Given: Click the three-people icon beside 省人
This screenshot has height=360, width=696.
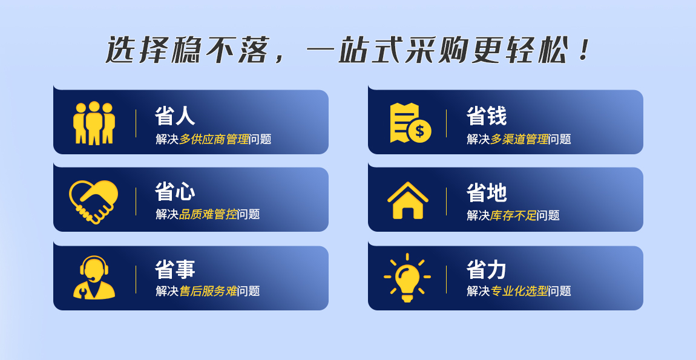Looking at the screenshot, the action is click(x=94, y=123).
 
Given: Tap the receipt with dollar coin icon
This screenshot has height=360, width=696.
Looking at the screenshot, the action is click(x=410, y=123).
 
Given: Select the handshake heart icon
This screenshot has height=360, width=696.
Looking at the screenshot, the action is click(x=94, y=201).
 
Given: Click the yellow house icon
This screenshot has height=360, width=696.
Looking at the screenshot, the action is click(x=407, y=200).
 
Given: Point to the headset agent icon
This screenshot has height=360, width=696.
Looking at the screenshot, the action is click(x=94, y=278).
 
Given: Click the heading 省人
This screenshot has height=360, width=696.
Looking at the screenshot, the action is click(x=175, y=116).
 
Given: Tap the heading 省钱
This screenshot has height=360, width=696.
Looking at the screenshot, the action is click(x=487, y=116).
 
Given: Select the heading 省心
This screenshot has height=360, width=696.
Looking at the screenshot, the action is click(x=175, y=192).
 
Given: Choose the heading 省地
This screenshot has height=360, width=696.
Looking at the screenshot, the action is click(x=487, y=192).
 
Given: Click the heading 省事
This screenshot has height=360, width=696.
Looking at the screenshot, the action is click(x=175, y=269).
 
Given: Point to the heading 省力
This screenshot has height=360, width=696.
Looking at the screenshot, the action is click(x=487, y=269).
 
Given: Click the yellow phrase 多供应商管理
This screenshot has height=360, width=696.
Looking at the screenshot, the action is click(x=214, y=139).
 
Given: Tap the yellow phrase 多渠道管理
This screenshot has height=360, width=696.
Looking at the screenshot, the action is click(x=519, y=139).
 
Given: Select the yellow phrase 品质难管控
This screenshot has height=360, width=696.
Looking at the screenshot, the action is click(x=208, y=214).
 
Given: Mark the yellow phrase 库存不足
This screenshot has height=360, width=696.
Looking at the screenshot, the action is click(x=514, y=216).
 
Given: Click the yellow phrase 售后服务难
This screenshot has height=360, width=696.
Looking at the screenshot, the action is click(x=208, y=291).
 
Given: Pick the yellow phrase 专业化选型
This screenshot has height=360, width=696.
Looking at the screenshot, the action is click(x=519, y=291).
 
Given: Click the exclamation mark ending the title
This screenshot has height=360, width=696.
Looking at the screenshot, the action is click(x=585, y=50).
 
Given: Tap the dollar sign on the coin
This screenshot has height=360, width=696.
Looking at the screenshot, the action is click(x=420, y=131).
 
